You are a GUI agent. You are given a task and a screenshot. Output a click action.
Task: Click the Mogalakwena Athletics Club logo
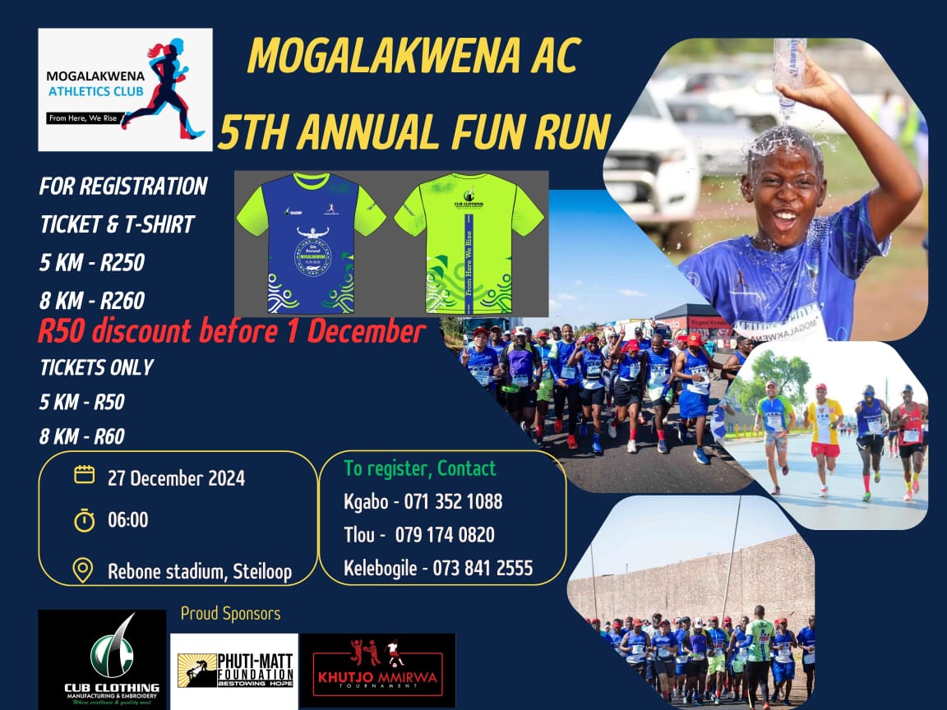125,90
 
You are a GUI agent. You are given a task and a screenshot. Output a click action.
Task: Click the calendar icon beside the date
83,475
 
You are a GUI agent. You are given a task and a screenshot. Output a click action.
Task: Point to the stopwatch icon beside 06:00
83,520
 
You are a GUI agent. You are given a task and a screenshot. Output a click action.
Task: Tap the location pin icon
83,569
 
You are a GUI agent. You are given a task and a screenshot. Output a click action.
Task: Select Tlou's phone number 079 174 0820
445,535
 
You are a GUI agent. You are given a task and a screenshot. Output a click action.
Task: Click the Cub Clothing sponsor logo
102,660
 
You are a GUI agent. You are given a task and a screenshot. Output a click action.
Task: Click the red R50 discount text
231,332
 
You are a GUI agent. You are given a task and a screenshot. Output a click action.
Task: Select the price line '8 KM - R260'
92,301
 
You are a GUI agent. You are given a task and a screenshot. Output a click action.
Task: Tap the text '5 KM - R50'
82,402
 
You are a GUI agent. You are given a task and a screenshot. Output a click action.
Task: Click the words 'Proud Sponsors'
230,614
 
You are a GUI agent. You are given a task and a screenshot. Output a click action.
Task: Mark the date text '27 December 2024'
176,477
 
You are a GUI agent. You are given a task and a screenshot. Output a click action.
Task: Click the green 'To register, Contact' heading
420,468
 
